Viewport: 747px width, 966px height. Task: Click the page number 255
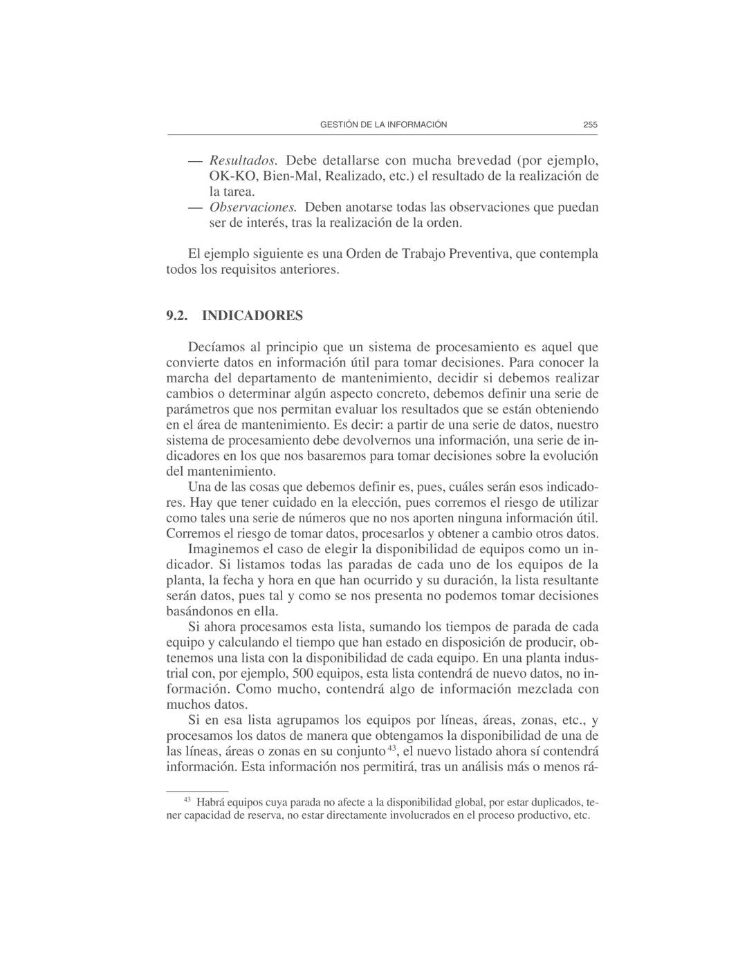tap(589, 125)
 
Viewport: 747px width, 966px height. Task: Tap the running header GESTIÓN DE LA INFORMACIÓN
tap(383, 125)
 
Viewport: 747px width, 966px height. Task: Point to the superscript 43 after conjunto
tap(391, 748)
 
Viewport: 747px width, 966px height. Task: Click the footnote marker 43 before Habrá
tap(187, 800)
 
